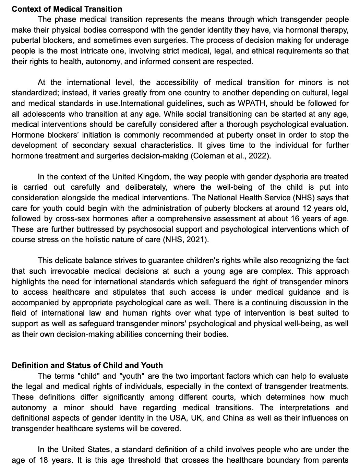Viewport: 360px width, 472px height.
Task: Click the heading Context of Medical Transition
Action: [x=67, y=9]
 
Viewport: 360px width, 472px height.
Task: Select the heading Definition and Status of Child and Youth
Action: [x=87, y=365]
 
